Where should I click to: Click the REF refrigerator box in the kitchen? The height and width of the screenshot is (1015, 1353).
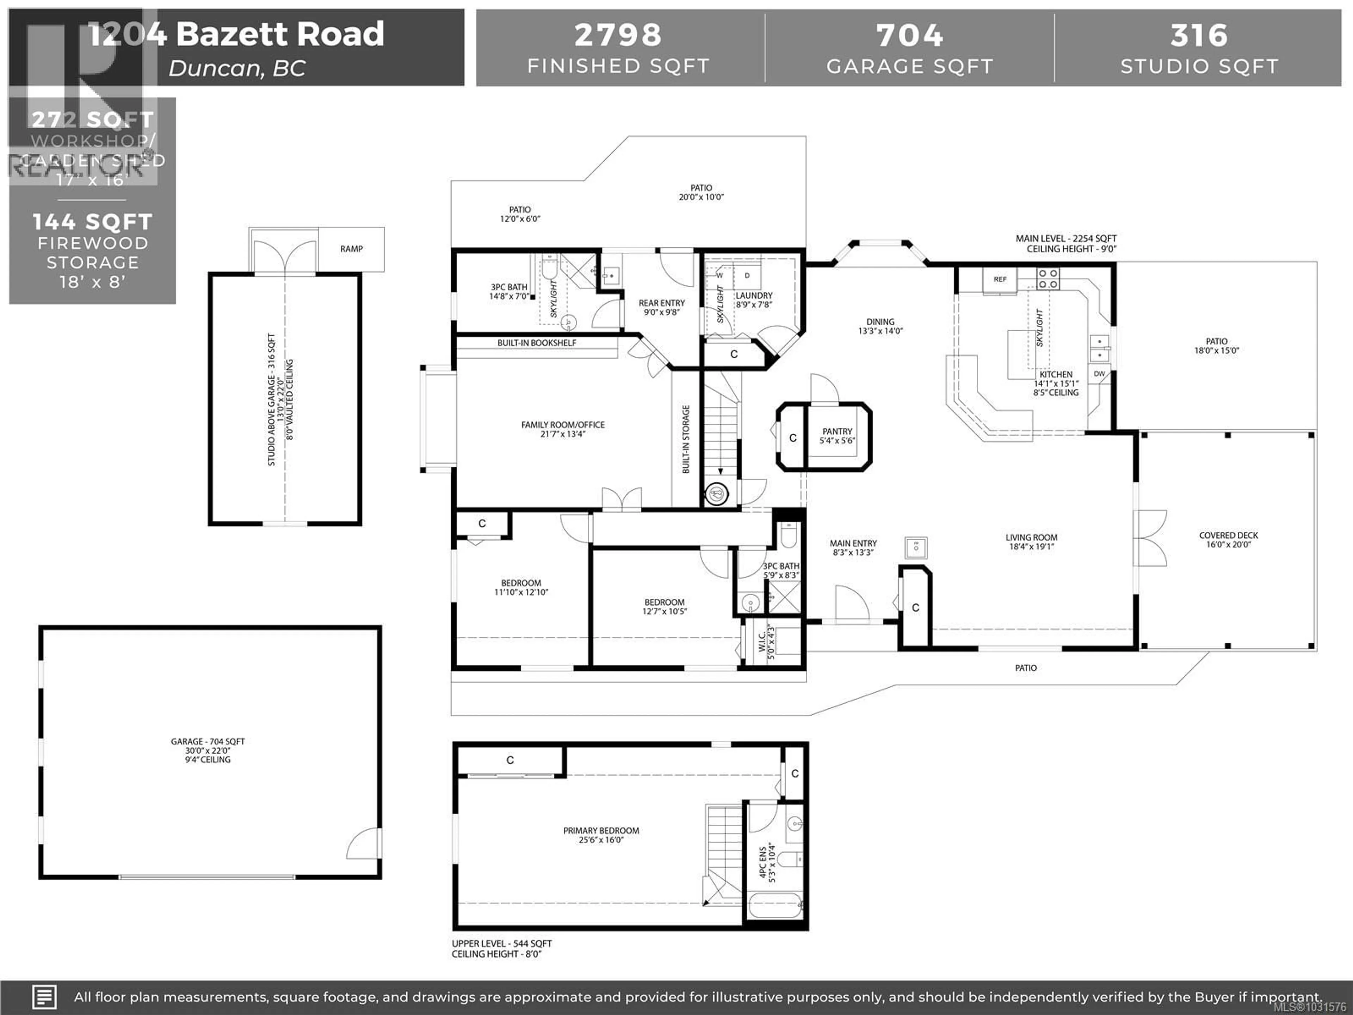pyautogui.click(x=1000, y=279)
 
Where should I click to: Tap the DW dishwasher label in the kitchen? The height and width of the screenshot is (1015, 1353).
pyautogui.click(x=1099, y=374)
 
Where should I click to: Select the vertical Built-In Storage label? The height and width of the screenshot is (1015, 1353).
pyautogui.click(x=686, y=439)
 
